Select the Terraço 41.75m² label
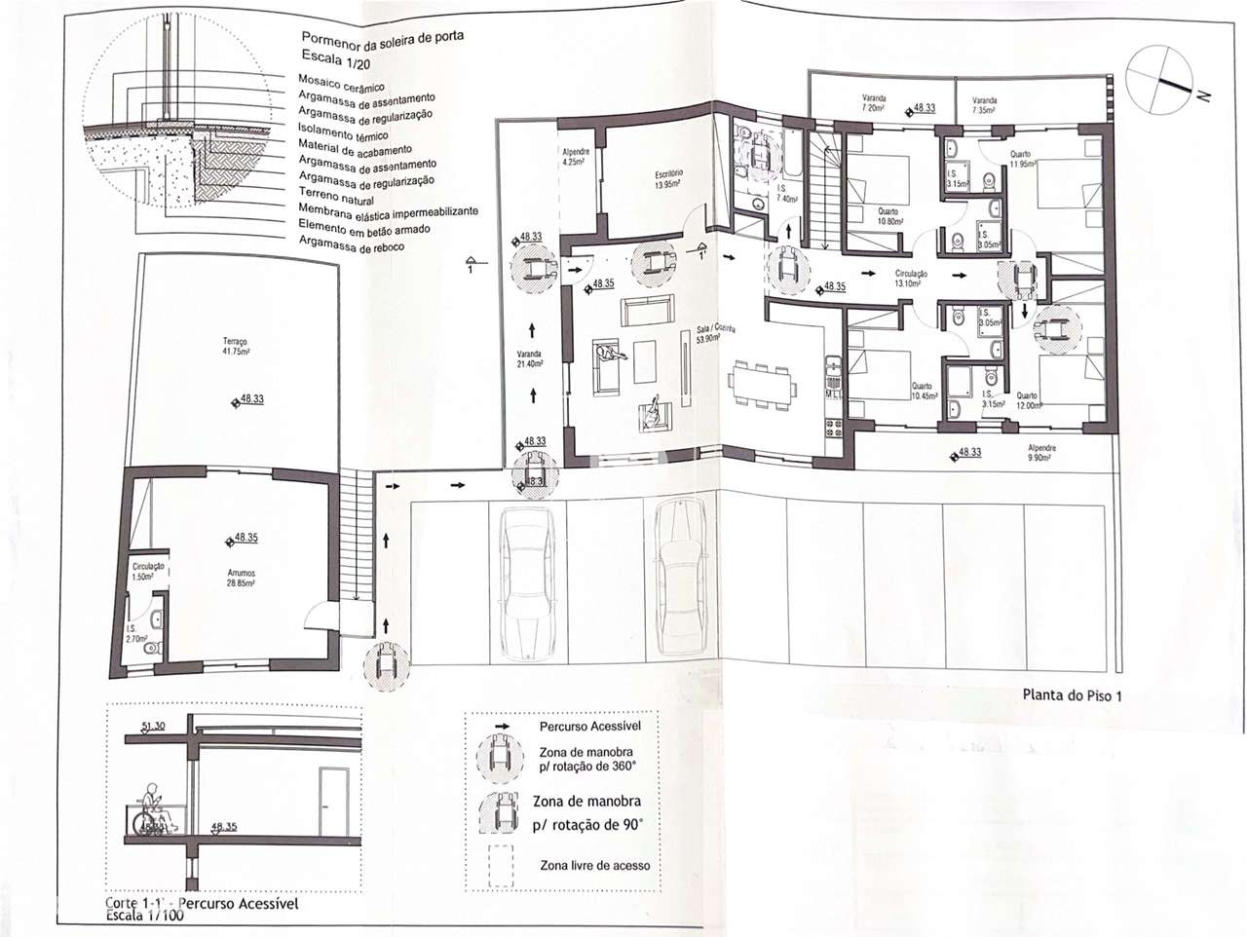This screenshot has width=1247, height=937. [x=235, y=346]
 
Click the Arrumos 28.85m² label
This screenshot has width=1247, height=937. [x=240, y=579]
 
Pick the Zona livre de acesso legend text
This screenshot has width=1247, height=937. [x=594, y=865]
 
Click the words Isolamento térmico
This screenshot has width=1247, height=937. [x=343, y=133]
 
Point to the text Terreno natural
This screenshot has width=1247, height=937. [x=336, y=198]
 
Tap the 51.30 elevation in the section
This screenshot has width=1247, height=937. [x=153, y=726]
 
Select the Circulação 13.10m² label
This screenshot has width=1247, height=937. [x=911, y=280]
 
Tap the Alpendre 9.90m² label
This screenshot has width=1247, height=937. [x=1041, y=453]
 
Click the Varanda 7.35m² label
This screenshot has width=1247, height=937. [x=984, y=105]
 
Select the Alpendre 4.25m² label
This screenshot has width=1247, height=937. [x=573, y=157]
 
